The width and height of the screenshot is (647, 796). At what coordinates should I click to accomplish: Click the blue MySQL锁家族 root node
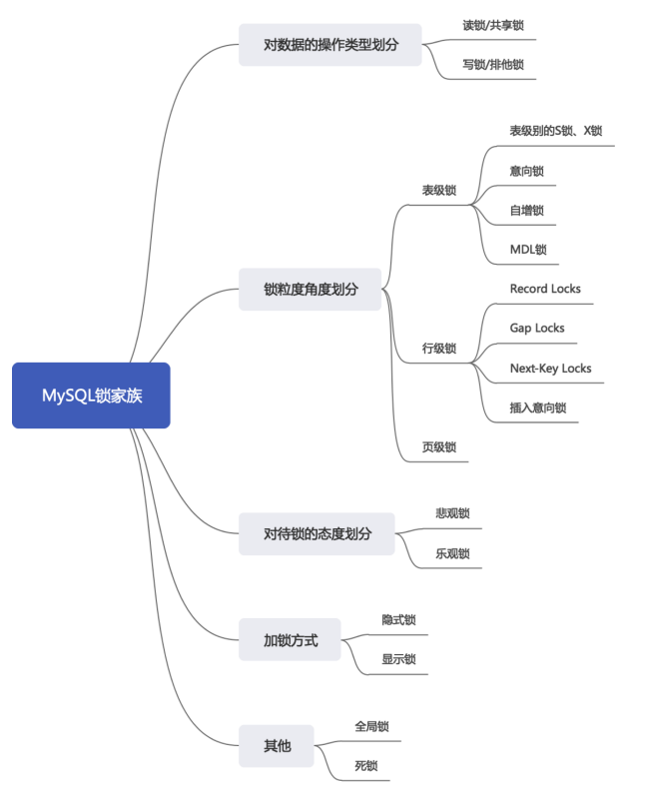(91, 396)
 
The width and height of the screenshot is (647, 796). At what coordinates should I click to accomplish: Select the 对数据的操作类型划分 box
(330, 45)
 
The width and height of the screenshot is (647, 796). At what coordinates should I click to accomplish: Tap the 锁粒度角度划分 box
(310, 290)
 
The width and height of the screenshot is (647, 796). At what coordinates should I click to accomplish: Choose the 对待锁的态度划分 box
(317, 533)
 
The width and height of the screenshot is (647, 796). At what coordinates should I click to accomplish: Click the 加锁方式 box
(290, 640)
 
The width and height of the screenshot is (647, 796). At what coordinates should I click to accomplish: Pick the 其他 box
(277, 745)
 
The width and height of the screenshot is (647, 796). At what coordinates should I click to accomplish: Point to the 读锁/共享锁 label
(493, 25)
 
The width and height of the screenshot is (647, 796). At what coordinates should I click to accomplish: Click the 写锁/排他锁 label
(492, 65)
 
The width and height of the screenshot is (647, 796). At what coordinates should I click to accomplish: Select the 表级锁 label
(439, 190)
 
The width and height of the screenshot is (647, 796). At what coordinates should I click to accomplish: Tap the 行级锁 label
(439, 349)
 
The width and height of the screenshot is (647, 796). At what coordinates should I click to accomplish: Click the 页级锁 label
(439, 448)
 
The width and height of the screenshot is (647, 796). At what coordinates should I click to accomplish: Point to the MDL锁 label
(528, 249)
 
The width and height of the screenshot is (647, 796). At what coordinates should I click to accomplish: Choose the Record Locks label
(545, 289)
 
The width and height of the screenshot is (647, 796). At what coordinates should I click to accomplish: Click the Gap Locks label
(537, 328)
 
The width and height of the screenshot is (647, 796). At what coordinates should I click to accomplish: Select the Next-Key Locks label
(550, 368)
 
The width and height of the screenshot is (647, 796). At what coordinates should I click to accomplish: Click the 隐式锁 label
(398, 619)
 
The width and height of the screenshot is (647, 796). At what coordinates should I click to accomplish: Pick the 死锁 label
(365, 765)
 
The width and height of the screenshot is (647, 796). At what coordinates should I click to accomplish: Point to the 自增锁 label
(526, 210)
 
